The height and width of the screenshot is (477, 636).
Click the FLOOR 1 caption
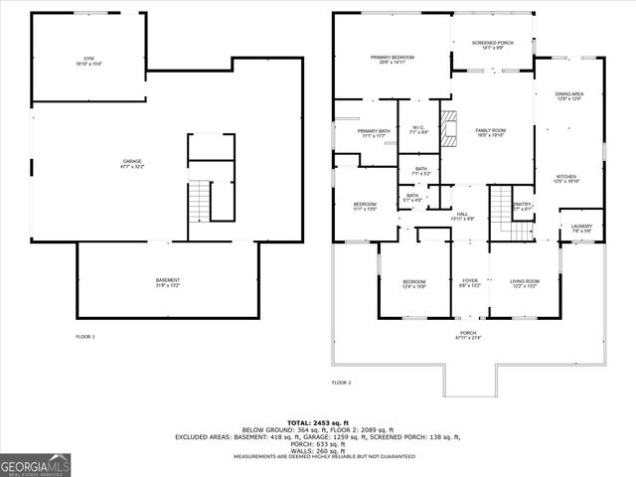pos(85,337)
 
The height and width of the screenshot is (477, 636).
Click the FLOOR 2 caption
pos(341,382)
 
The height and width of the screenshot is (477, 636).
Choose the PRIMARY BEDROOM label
pos(392,59)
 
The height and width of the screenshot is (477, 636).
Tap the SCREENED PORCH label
pos(491,43)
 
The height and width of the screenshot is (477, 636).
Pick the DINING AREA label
pos(568,95)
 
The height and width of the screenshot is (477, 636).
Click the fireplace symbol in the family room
pos(448,130)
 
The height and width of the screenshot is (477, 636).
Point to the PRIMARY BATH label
pos(374,133)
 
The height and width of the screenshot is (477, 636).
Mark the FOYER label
pos(470,282)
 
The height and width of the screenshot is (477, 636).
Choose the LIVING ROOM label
pos(524,282)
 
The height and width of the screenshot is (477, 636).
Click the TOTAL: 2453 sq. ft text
pos(317,422)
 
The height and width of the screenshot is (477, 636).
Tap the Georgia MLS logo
pos(34,465)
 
